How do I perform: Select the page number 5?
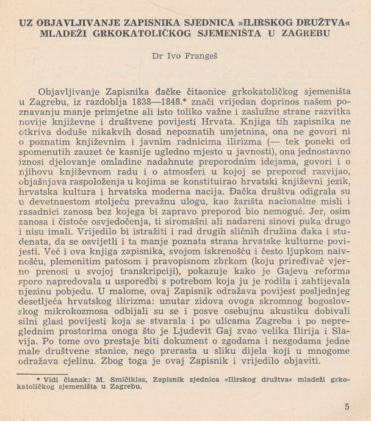coord(347,407)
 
